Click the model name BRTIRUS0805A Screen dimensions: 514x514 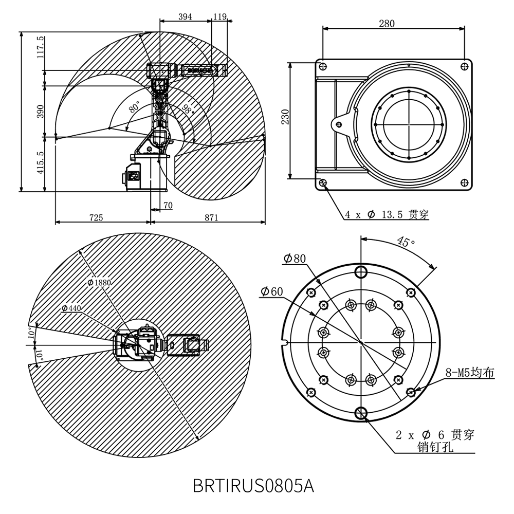click(x=253, y=485)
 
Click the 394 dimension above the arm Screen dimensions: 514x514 click(x=185, y=16)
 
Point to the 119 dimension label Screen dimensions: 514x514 click(x=220, y=16)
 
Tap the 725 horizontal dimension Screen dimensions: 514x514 click(x=96, y=217)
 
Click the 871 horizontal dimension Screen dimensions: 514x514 click(x=211, y=217)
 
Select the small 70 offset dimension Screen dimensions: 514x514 click(x=168, y=206)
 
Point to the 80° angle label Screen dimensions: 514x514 click(x=134, y=107)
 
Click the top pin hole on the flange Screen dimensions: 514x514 click(x=361, y=271)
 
